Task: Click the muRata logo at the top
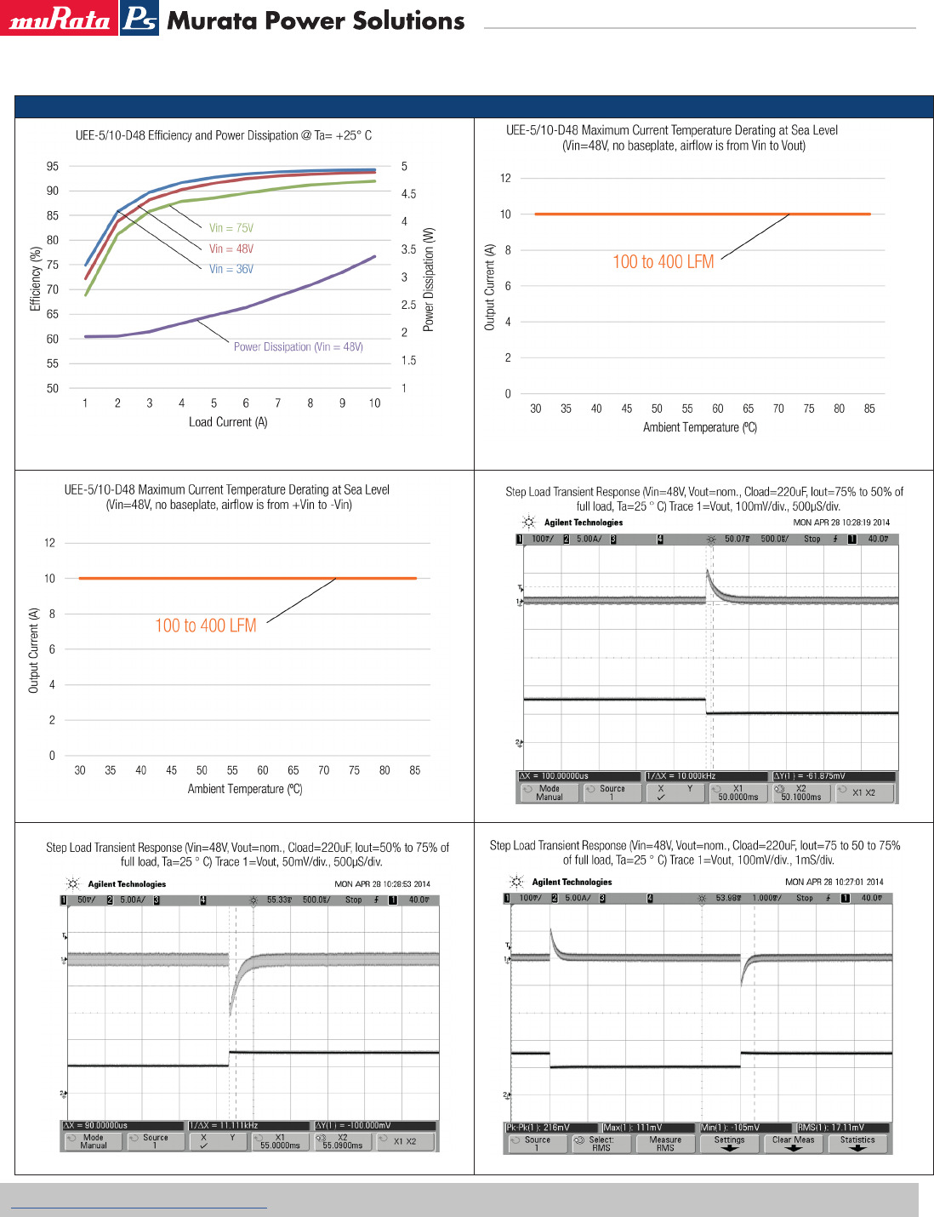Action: (59, 20)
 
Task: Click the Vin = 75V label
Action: (231, 228)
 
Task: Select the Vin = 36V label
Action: (231, 269)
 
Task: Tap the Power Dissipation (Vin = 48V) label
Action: (298, 346)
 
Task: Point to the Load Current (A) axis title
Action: (227, 422)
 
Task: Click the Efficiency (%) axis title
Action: (36, 278)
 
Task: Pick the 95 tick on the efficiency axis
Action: (53, 167)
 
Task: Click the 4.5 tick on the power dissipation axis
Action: (408, 194)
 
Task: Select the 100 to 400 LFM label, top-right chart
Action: (663, 262)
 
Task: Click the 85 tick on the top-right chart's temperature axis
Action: (869, 409)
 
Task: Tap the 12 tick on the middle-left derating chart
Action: (49, 543)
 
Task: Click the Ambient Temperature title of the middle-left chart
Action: (244, 789)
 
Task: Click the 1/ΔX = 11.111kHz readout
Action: (224, 1125)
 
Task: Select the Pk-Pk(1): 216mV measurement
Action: (538, 1128)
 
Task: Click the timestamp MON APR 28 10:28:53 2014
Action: (382, 884)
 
